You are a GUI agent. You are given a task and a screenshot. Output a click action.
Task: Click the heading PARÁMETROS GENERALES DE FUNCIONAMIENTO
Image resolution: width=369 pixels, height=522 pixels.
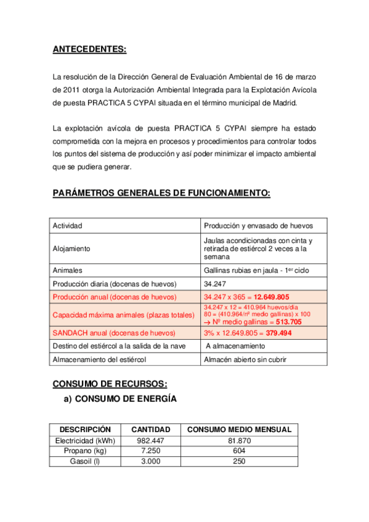[161, 193]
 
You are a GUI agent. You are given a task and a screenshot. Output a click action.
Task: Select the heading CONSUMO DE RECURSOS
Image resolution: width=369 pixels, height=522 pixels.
[110, 383]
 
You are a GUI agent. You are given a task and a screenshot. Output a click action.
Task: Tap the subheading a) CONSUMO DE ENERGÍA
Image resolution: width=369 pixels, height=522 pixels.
[121, 399]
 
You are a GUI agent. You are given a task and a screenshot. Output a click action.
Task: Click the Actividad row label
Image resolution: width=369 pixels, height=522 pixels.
[68, 226]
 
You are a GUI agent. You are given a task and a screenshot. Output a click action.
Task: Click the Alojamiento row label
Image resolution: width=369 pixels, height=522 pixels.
[71, 249]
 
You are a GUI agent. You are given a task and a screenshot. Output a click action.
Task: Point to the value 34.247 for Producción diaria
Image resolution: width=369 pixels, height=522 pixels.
[216, 284]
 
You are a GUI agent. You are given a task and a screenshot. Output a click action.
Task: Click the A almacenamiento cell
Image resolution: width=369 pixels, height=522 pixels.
[237, 346]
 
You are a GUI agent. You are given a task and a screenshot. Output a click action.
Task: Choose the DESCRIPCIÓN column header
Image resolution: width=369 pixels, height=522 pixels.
[85, 429]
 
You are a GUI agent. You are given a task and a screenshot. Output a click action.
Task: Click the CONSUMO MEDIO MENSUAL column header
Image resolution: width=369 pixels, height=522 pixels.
[239, 429]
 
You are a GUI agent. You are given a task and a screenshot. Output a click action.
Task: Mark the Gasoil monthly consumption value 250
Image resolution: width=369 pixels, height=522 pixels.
[239, 462]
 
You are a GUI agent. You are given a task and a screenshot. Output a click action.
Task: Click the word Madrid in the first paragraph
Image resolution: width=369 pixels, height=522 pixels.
[283, 103]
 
